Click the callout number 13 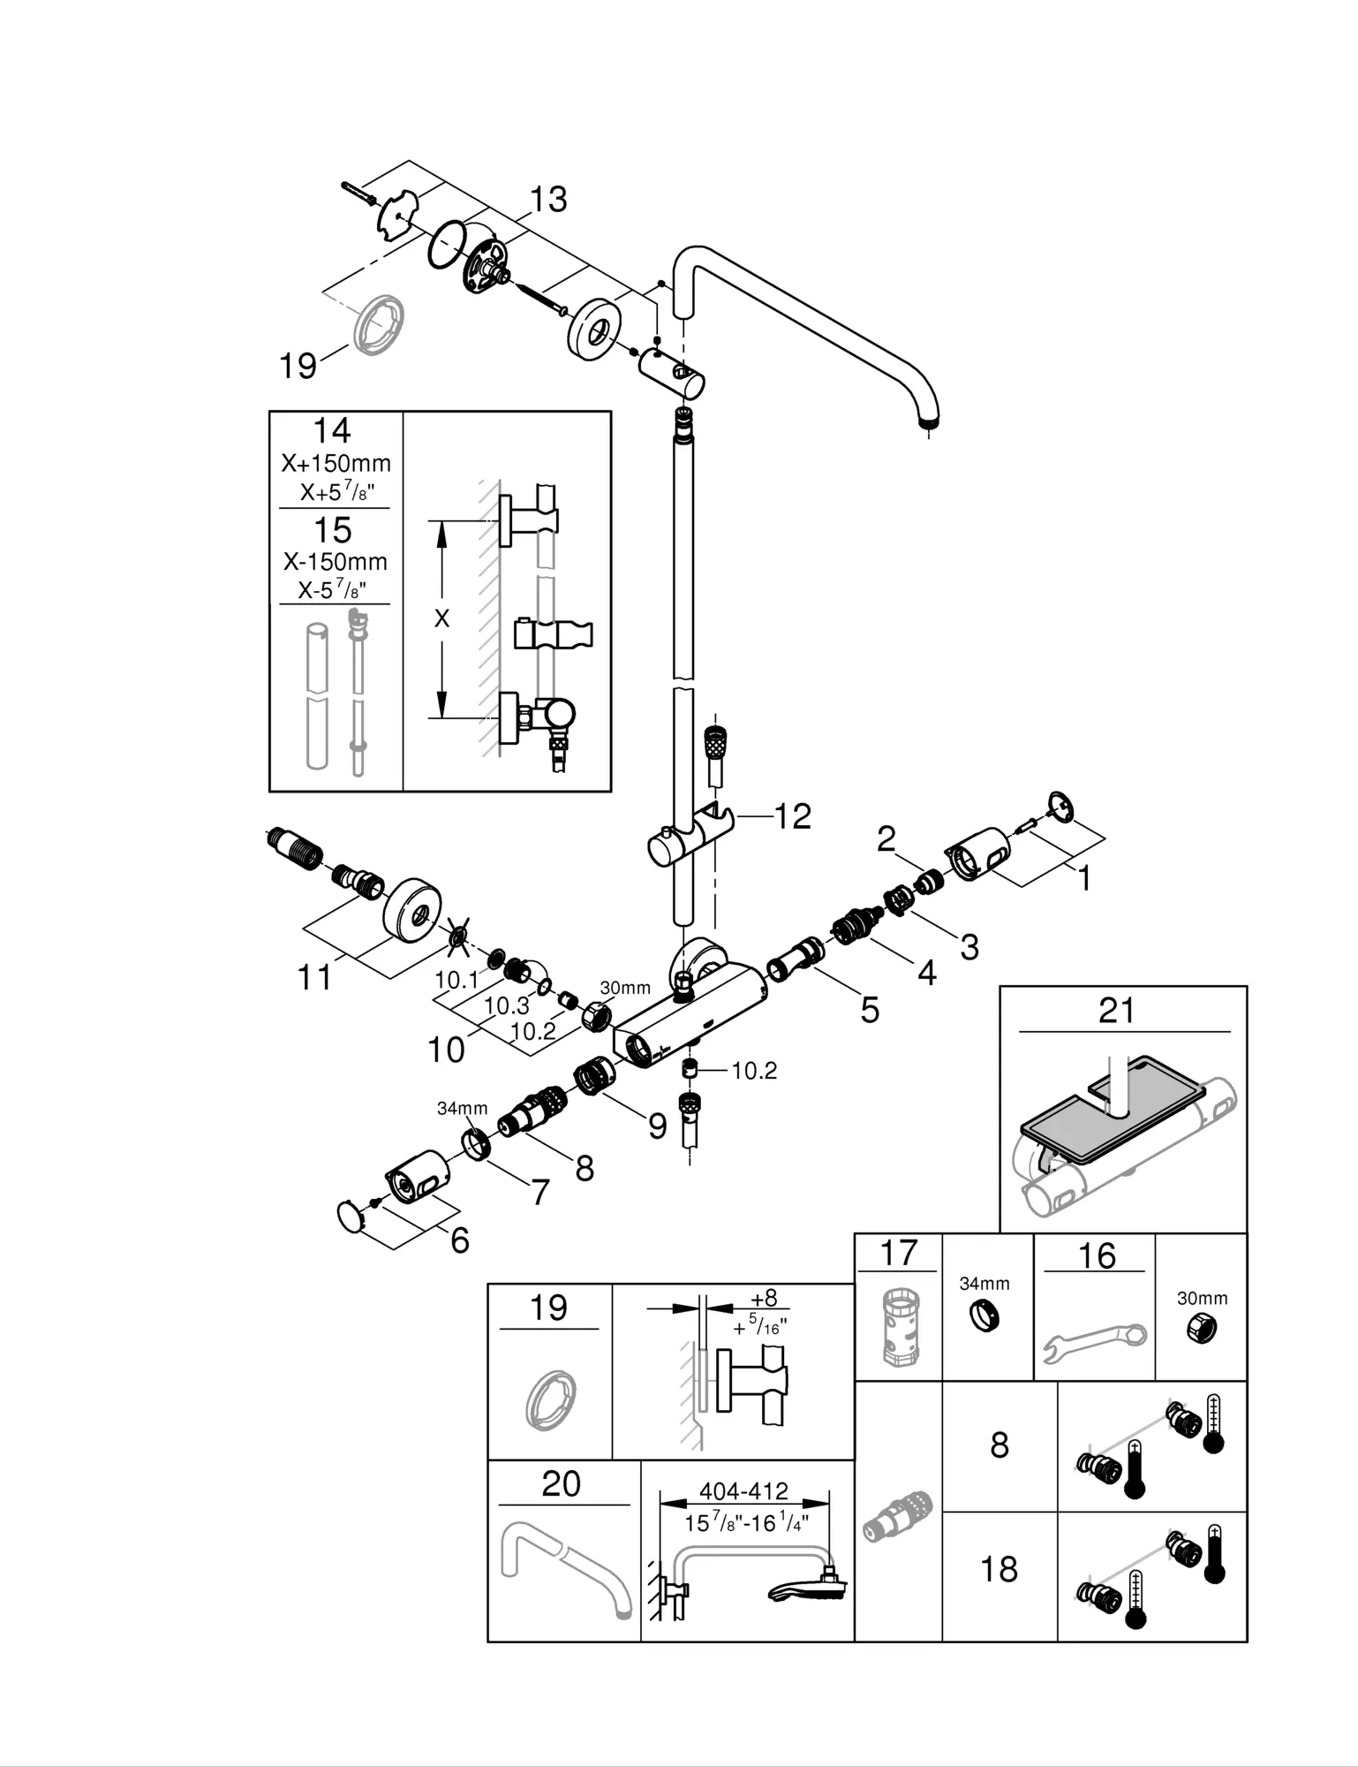point(548,200)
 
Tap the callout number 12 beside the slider point(792,816)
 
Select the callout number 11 point(314,978)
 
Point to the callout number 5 point(870,1010)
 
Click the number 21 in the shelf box point(1116,1010)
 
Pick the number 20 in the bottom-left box point(561,1483)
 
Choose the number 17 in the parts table point(899,1252)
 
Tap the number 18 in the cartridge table point(1000,1569)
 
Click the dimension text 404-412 point(743,1491)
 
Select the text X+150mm point(336,463)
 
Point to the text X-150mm point(336,561)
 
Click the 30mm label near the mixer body point(625,988)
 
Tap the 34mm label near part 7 point(462,1108)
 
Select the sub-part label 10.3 point(507,1005)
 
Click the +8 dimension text point(764,1298)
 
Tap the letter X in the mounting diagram point(441,618)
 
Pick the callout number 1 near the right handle point(1083,878)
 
